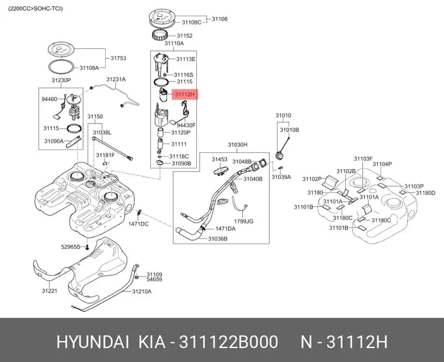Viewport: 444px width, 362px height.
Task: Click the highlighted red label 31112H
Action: point(185,94)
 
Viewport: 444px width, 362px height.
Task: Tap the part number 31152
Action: point(185,36)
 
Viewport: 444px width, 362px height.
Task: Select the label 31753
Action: point(119,58)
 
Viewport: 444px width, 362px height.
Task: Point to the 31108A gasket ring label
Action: point(89,68)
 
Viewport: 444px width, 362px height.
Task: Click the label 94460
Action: point(49,99)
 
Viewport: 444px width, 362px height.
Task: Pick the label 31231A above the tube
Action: point(116,79)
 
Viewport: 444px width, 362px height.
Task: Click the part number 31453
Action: point(220,159)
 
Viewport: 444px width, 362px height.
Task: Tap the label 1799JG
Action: point(244,222)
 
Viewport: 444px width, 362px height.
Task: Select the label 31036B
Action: point(218,239)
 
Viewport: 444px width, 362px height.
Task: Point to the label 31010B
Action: point(289,130)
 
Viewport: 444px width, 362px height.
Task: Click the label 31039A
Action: point(281,177)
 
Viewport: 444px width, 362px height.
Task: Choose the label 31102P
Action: point(312,179)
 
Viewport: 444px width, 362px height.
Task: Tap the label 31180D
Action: point(425,193)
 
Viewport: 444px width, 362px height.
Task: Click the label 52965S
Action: point(71,247)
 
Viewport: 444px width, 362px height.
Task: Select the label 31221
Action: point(50,291)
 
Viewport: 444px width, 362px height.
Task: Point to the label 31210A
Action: point(141,291)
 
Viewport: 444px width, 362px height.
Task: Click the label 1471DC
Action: point(138,224)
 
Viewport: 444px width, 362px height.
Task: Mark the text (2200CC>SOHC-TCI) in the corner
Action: point(36,9)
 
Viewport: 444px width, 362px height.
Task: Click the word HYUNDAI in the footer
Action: point(93,342)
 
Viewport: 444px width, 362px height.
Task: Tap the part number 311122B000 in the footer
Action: point(228,342)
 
